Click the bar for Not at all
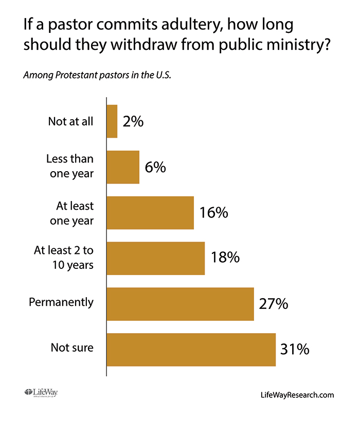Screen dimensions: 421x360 click(112, 121)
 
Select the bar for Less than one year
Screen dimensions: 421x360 click(123, 167)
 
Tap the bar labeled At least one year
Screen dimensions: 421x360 click(150, 213)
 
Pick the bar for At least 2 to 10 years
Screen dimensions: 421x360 click(156, 258)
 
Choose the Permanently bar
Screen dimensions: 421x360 click(180, 304)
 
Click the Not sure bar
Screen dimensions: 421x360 click(191, 350)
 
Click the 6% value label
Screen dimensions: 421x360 click(155, 167)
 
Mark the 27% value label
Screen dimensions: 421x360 click(273, 304)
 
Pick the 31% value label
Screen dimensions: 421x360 click(295, 350)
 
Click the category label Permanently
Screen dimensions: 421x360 click(61, 302)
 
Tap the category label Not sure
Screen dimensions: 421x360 click(72, 348)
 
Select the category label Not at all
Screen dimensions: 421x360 click(71, 122)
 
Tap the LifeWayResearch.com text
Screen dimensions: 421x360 click(297, 395)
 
